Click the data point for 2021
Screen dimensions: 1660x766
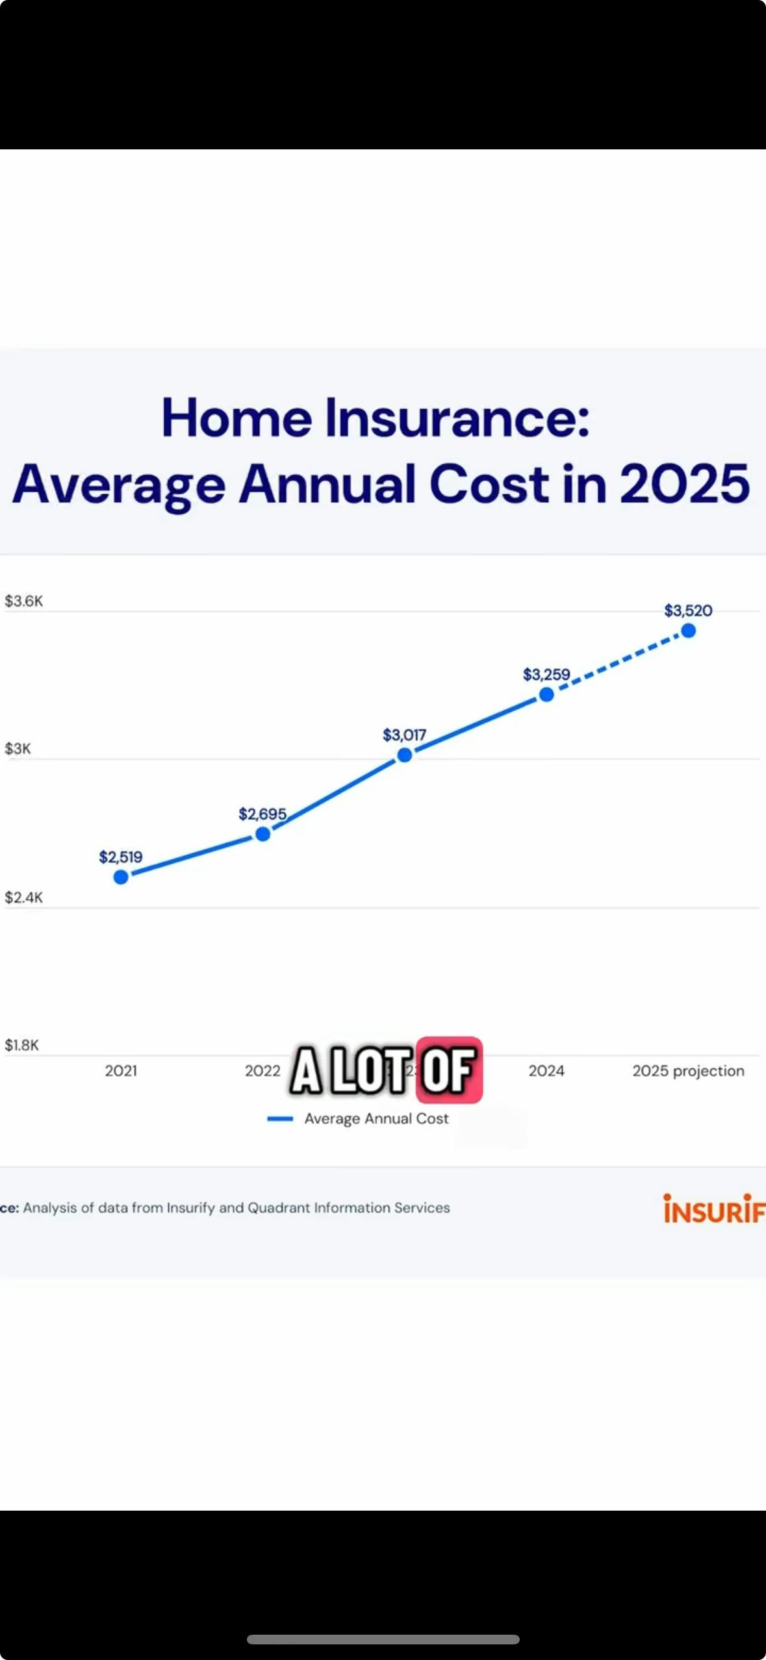(x=121, y=877)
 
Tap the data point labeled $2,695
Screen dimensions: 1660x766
(x=262, y=834)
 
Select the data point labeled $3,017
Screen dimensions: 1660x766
(x=405, y=755)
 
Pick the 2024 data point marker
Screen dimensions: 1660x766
(x=546, y=694)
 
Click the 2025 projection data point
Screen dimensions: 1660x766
(x=689, y=630)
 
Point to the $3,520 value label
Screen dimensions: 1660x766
(x=688, y=610)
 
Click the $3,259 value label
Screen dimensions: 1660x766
(x=546, y=674)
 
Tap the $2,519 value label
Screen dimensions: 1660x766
(x=121, y=857)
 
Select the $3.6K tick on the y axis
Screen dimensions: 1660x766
(x=24, y=601)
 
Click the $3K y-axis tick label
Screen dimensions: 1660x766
(x=18, y=748)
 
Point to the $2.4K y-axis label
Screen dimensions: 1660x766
(x=24, y=897)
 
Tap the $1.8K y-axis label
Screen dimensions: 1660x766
(x=22, y=1045)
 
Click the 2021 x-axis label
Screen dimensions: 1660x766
(x=121, y=1071)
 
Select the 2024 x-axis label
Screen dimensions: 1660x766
(x=546, y=1071)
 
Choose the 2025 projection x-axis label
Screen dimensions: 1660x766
(x=688, y=1071)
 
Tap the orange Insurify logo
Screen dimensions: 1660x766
(x=713, y=1209)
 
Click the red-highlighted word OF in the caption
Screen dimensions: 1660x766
(x=448, y=1070)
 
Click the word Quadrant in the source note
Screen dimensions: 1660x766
(x=279, y=1207)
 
